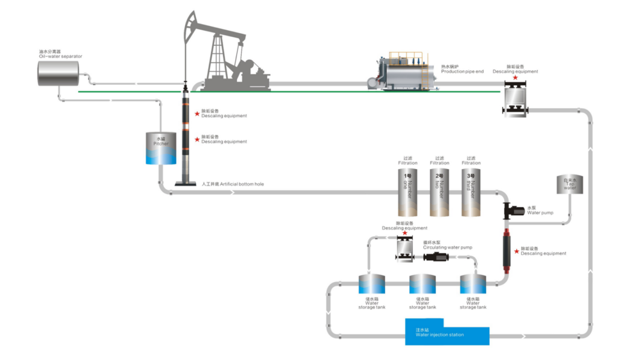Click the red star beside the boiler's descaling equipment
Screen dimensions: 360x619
pyautogui.click(x=515, y=78)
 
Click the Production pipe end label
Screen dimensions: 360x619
pyautogui.click(x=462, y=71)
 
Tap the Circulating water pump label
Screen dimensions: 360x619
pyautogui.click(x=447, y=248)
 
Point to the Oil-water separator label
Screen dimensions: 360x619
pyautogui.click(x=60, y=56)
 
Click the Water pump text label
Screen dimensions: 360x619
pyautogui.click(x=539, y=213)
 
